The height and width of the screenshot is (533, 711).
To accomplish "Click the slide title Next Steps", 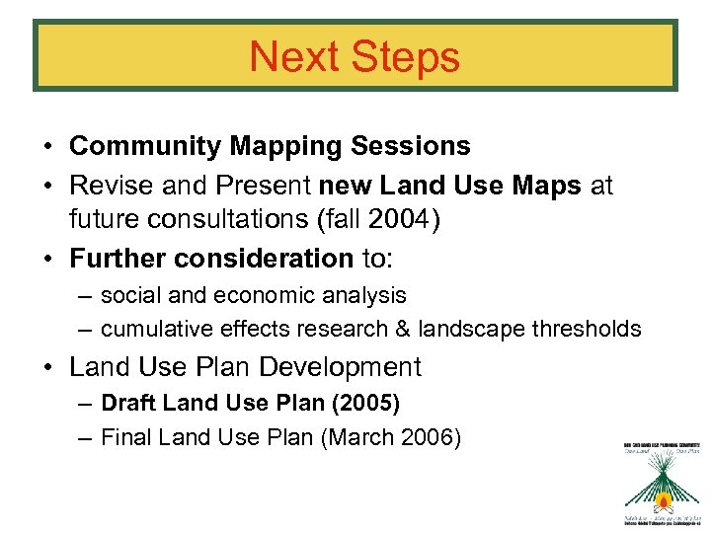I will [355, 56].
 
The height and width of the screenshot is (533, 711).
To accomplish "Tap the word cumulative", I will [152, 329].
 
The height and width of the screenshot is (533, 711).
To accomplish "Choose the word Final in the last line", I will [124, 436].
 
